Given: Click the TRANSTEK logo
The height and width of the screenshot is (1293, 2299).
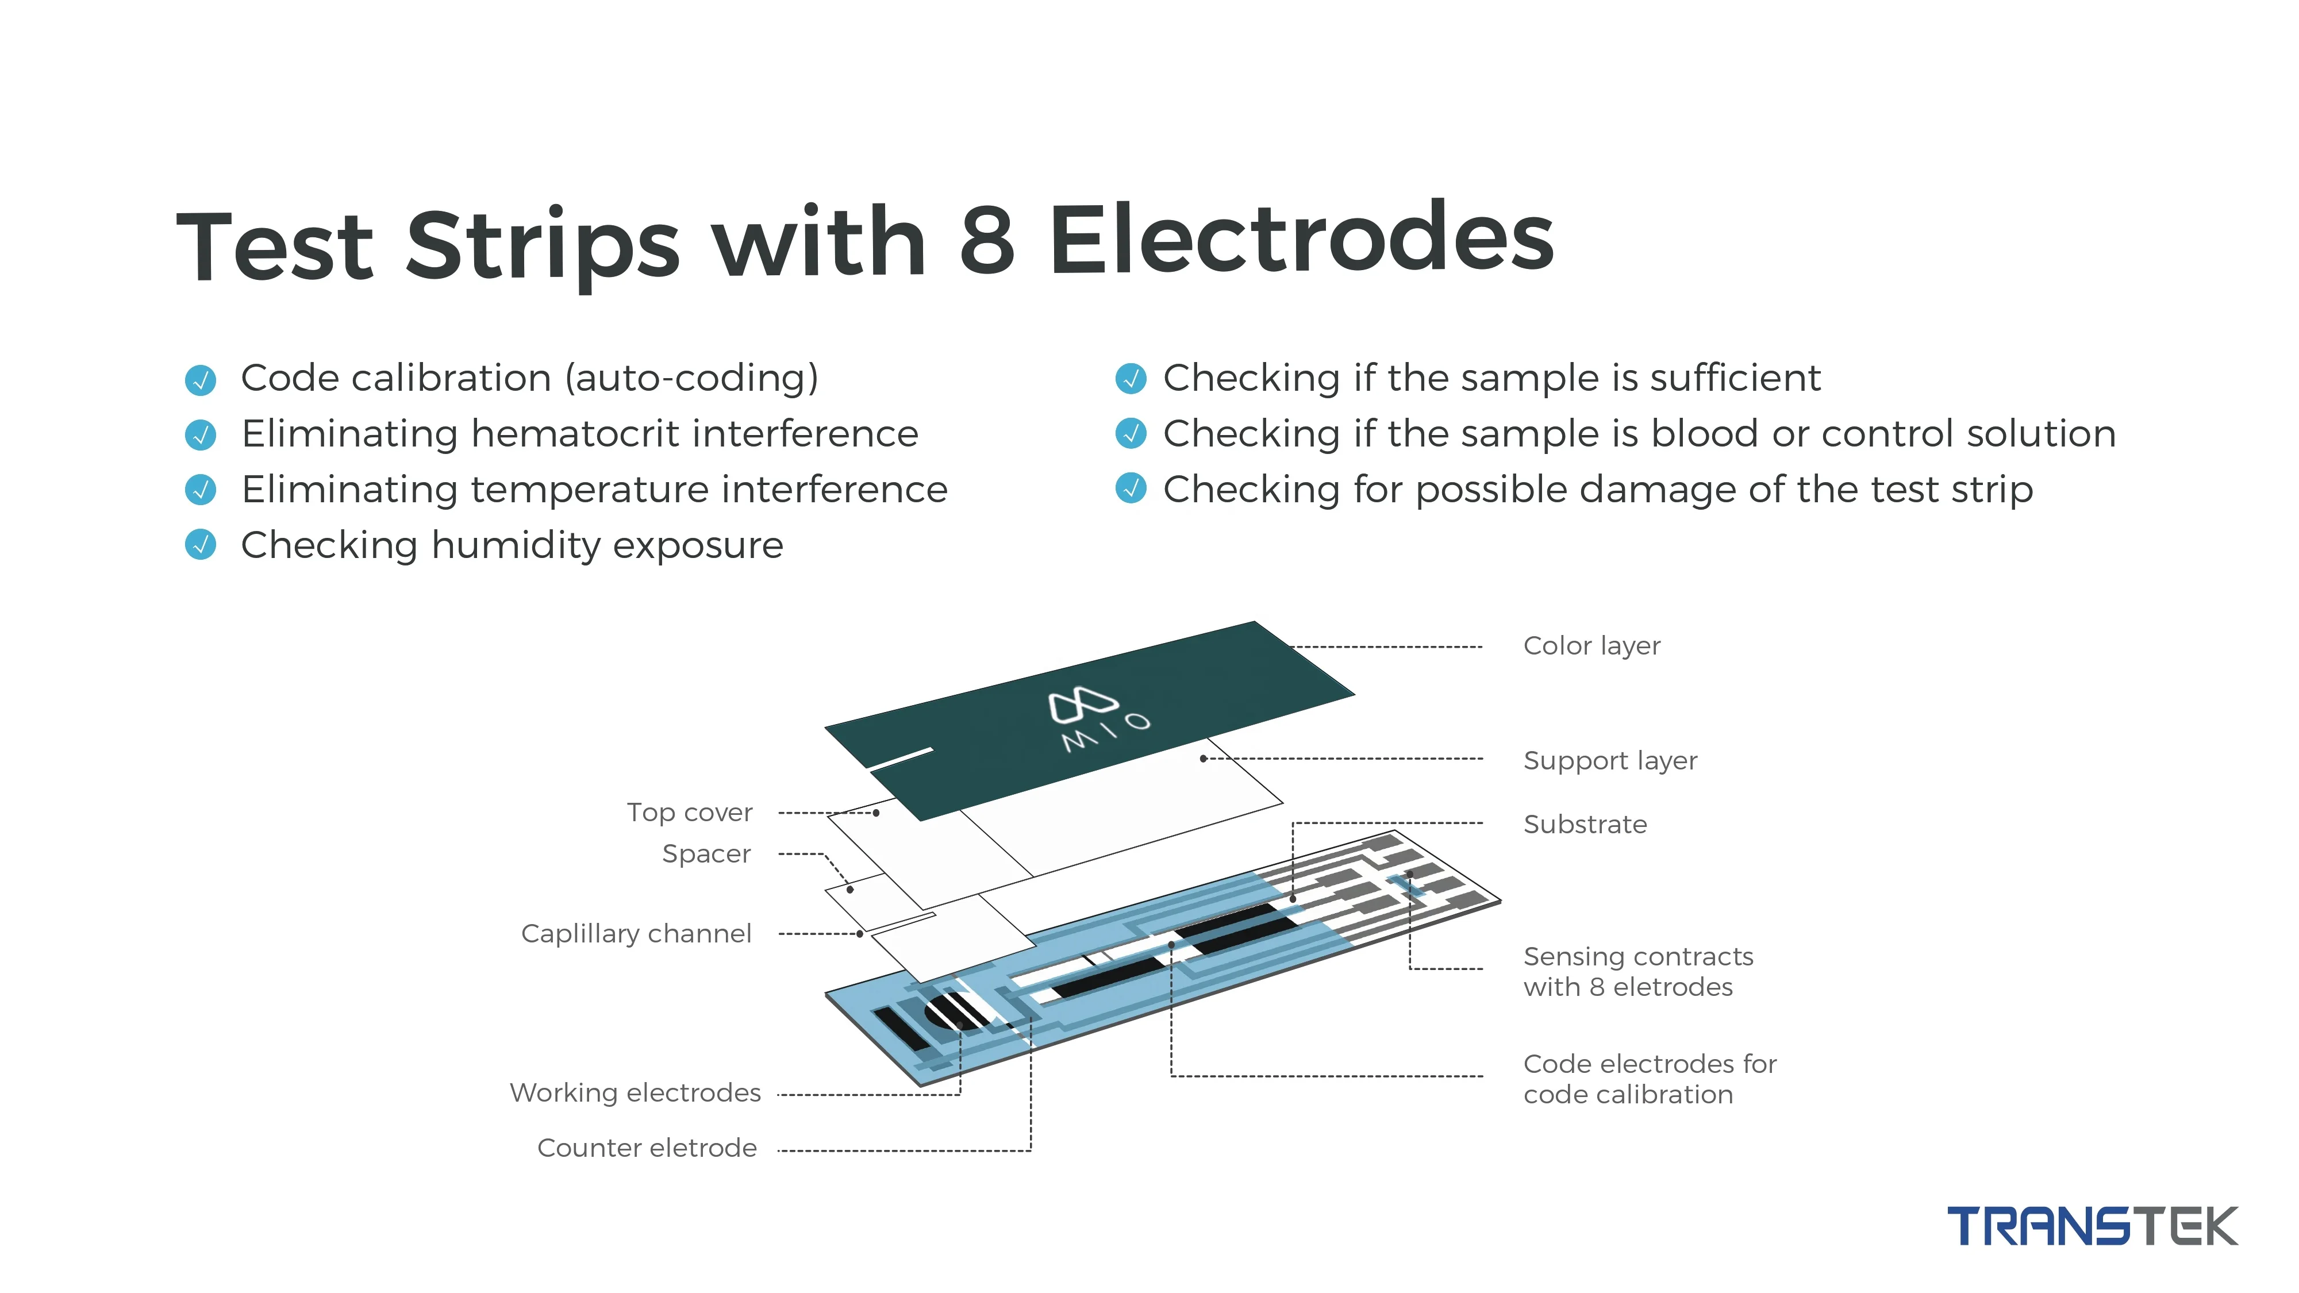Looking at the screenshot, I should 2091,1226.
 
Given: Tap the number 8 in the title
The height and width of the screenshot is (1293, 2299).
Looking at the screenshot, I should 987,239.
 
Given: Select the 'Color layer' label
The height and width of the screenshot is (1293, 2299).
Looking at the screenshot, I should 1591,645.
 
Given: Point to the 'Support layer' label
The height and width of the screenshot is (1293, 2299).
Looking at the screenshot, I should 1610,760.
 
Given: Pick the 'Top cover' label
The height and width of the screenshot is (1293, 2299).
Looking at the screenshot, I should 689,812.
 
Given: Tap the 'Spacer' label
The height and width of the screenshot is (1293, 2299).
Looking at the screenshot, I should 706,854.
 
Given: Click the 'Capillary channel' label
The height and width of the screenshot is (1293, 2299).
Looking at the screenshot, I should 636,933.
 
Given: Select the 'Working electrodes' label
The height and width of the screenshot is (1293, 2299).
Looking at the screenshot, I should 635,1092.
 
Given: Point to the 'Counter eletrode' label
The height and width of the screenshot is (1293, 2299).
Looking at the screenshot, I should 646,1148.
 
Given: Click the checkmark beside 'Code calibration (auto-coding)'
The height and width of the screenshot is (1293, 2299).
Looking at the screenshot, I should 200,379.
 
